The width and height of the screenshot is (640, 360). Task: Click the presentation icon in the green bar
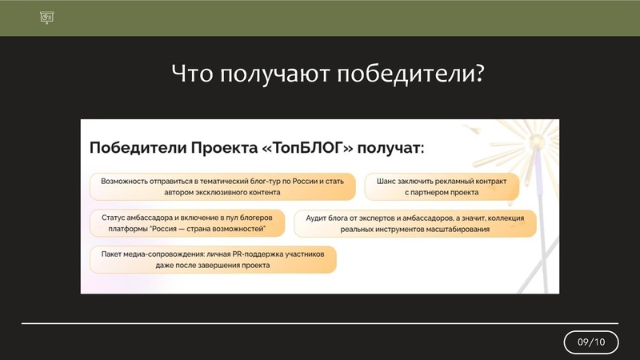46,18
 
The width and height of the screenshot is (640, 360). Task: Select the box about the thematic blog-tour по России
222,186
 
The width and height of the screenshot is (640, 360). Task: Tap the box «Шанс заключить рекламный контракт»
442,186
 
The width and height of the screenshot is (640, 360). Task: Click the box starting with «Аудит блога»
414,222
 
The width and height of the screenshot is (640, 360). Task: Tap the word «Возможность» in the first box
127,181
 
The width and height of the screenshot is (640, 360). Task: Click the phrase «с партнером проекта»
442,193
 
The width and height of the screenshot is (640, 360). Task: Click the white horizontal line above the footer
320,323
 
